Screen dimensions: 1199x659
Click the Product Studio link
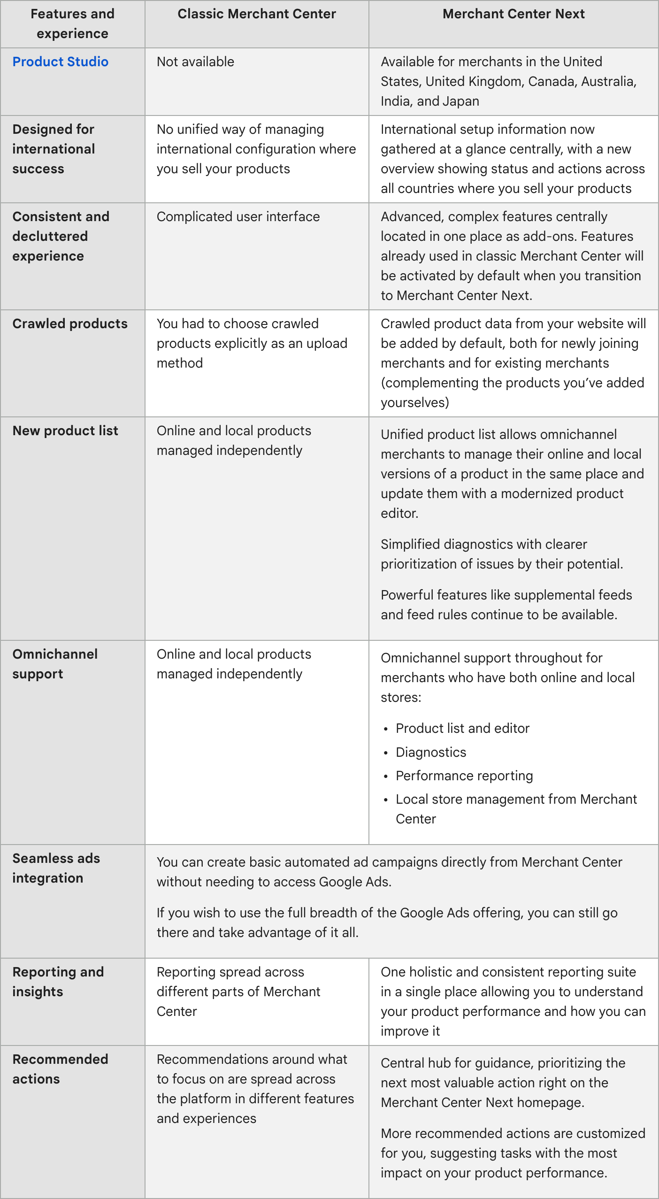click(x=60, y=61)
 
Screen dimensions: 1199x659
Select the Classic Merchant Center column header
click(x=257, y=14)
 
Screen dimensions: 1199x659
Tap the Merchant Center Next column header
click(x=513, y=14)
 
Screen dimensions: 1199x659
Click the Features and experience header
click(x=72, y=24)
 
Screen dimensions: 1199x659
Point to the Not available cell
click(x=195, y=61)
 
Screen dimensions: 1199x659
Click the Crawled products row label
click(x=70, y=323)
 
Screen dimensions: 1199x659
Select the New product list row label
click(x=65, y=430)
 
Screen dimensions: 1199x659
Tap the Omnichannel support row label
click(x=55, y=664)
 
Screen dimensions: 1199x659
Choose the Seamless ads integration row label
click(x=56, y=868)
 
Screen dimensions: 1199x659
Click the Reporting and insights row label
click(x=58, y=982)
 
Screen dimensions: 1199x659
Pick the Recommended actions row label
click(x=60, y=1069)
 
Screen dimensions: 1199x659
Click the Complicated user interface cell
click(x=238, y=216)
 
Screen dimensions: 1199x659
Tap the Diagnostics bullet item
click(x=431, y=752)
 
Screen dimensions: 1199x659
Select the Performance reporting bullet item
click(x=464, y=776)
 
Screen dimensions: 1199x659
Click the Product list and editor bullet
click(x=462, y=728)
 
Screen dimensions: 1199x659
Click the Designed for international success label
click(x=54, y=149)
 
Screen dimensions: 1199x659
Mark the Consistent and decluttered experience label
click(x=61, y=236)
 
